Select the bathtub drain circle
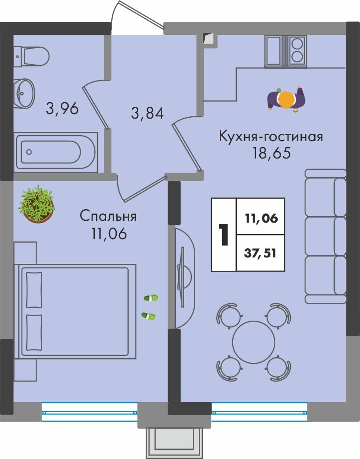coord(29,152)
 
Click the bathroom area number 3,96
coord(62,109)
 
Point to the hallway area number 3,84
coord(147,113)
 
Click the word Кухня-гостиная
coord(271,137)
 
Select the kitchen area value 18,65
coord(272,153)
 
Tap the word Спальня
coord(108,217)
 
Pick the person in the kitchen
coord(286,99)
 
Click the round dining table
coord(254,342)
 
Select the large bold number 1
coord(224,235)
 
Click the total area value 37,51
coord(260,253)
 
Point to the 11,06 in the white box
coord(262,219)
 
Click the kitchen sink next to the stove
coord(276,50)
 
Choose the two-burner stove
coord(297,50)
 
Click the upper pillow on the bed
coord(34,290)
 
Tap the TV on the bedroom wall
coord(182,277)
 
